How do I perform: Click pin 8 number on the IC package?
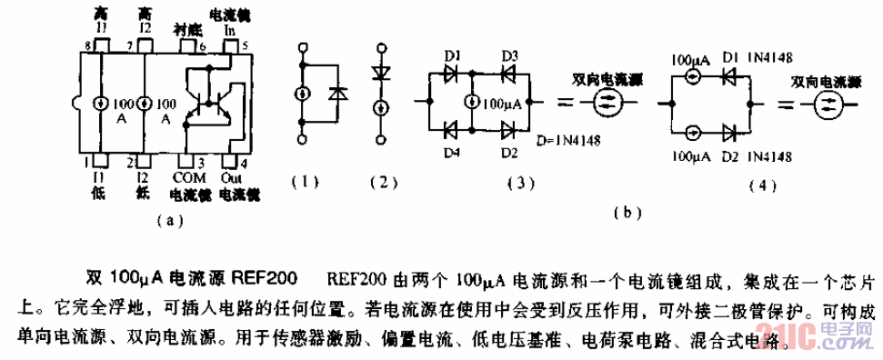(88, 45)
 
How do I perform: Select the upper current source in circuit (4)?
(694, 76)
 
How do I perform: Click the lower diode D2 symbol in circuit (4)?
(727, 135)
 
